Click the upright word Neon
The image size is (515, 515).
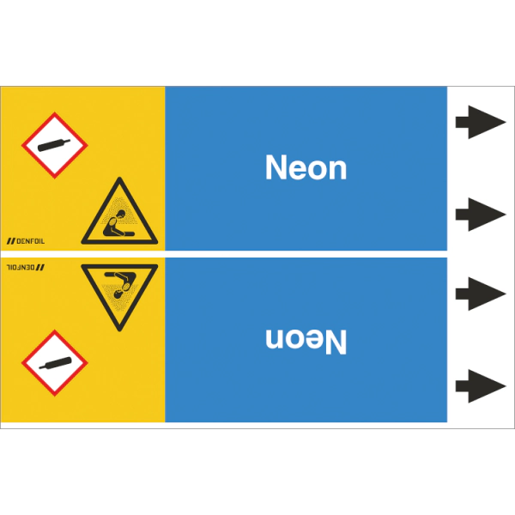[x=306, y=167]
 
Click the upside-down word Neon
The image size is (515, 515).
[x=306, y=342]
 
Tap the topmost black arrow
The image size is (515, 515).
[x=481, y=122]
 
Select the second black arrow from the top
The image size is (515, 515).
[x=481, y=215]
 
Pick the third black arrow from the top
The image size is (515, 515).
[x=481, y=294]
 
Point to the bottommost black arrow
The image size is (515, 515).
[x=481, y=386]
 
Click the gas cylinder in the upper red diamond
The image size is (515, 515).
[x=54, y=145]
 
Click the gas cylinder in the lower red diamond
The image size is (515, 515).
[x=55, y=363]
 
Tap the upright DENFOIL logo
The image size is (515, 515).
[x=26, y=241]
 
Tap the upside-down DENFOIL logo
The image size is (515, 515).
[x=26, y=267]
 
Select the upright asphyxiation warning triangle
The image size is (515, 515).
[x=119, y=211]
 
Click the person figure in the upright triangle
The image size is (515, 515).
[x=118, y=224]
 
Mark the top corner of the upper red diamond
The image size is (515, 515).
[x=55, y=112]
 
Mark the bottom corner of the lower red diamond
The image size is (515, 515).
[x=55, y=397]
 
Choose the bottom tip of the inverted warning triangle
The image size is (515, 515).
[x=119, y=330]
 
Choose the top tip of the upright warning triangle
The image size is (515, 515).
[x=120, y=178]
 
